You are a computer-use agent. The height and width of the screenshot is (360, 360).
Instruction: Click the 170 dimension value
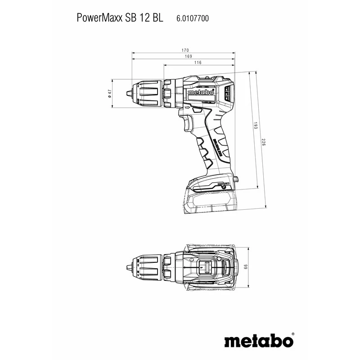[x=185, y=49]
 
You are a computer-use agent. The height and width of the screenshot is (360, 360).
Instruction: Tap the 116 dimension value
[x=198, y=63]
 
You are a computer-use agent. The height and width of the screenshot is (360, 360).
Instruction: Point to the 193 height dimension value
[x=255, y=126]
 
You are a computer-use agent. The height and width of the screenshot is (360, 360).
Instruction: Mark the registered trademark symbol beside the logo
[x=293, y=334]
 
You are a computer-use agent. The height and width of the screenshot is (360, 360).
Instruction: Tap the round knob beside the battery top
[x=235, y=180]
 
